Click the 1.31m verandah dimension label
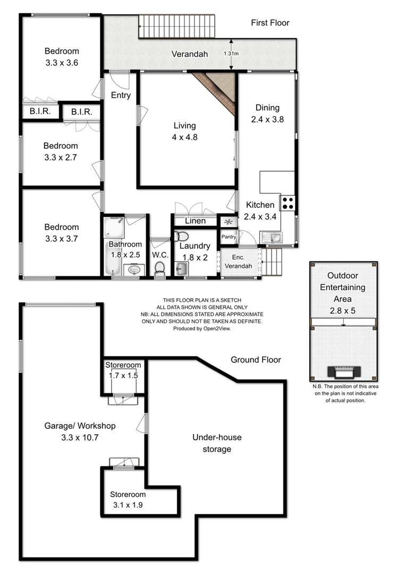(x=231, y=54)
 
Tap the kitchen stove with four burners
(x=287, y=202)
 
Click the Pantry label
(x=229, y=237)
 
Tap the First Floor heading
(x=270, y=23)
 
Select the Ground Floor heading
(x=256, y=360)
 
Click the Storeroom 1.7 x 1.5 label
(x=123, y=370)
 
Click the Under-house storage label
(x=216, y=443)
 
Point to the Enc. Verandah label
(x=238, y=261)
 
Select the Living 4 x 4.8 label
(x=184, y=131)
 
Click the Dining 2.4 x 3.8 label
(x=267, y=114)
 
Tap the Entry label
(x=121, y=95)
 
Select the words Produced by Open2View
(x=201, y=328)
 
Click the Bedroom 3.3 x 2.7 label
(x=61, y=151)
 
